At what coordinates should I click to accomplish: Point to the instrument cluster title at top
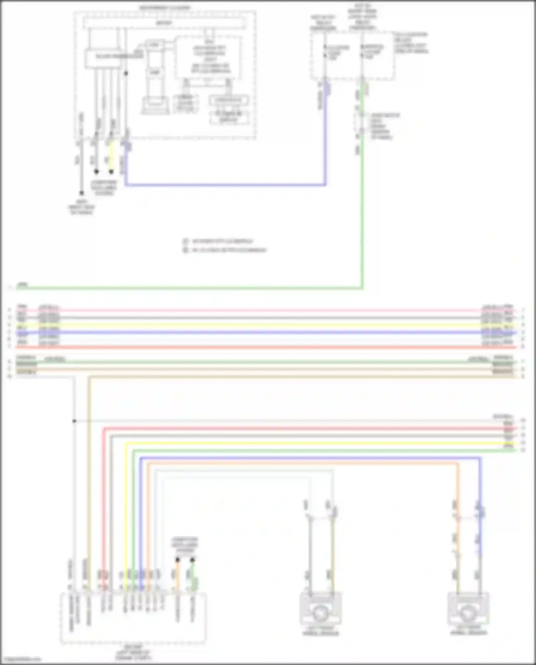coord(165,8)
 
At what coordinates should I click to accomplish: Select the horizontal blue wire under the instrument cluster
coord(225,185)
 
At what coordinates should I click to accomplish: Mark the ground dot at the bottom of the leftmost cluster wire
coord(81,193)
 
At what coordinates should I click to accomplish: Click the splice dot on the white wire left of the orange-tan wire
coord(74,421)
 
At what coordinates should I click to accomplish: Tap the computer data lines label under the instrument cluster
coord(104,188)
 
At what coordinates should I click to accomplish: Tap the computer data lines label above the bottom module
coord(185,545)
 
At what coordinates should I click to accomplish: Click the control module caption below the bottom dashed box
coord(133,652)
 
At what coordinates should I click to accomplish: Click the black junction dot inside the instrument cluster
coord(126,73)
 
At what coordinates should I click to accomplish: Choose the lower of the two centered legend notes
coord(225,250)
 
